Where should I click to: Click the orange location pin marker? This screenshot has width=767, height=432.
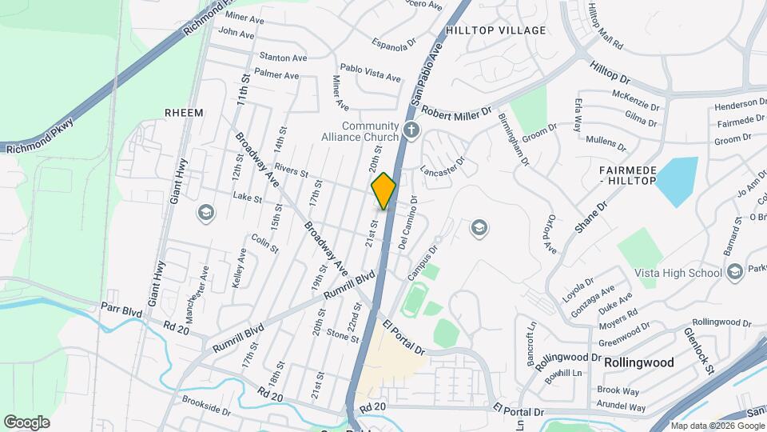(x=384, y=191)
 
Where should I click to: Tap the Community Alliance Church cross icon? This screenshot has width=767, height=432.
(x=411, y=130)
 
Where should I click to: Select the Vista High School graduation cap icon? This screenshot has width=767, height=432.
(x=734, y=273)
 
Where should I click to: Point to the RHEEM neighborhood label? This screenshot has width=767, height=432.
(x=184, y=113)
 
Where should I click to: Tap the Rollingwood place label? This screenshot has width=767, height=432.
(x=638, y=362)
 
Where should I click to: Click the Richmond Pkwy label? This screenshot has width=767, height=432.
(x=40, y=137)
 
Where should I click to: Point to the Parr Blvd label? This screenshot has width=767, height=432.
(x=121, y=307)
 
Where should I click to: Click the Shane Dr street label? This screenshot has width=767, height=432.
(x=592, y=217)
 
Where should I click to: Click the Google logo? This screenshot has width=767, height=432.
(x=26, y=422)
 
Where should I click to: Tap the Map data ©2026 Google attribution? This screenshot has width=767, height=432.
(x=717, y=426)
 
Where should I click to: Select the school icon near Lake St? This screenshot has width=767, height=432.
(x=206, y=213)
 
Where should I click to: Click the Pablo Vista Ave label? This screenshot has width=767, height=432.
(x=370, y=73)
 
